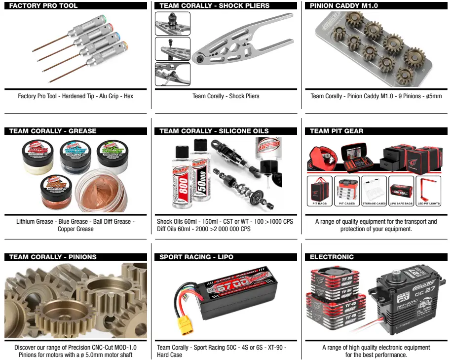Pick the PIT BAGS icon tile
click(320, 191)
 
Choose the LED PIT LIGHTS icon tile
click(428, 191)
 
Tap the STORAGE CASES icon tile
click(374, 191)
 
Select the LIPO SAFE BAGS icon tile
click(401, 191)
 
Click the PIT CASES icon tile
click(347, 191)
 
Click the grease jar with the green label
click(112, 154)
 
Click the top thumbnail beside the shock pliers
click(172, 23)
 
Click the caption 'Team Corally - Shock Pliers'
click(226, 96)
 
